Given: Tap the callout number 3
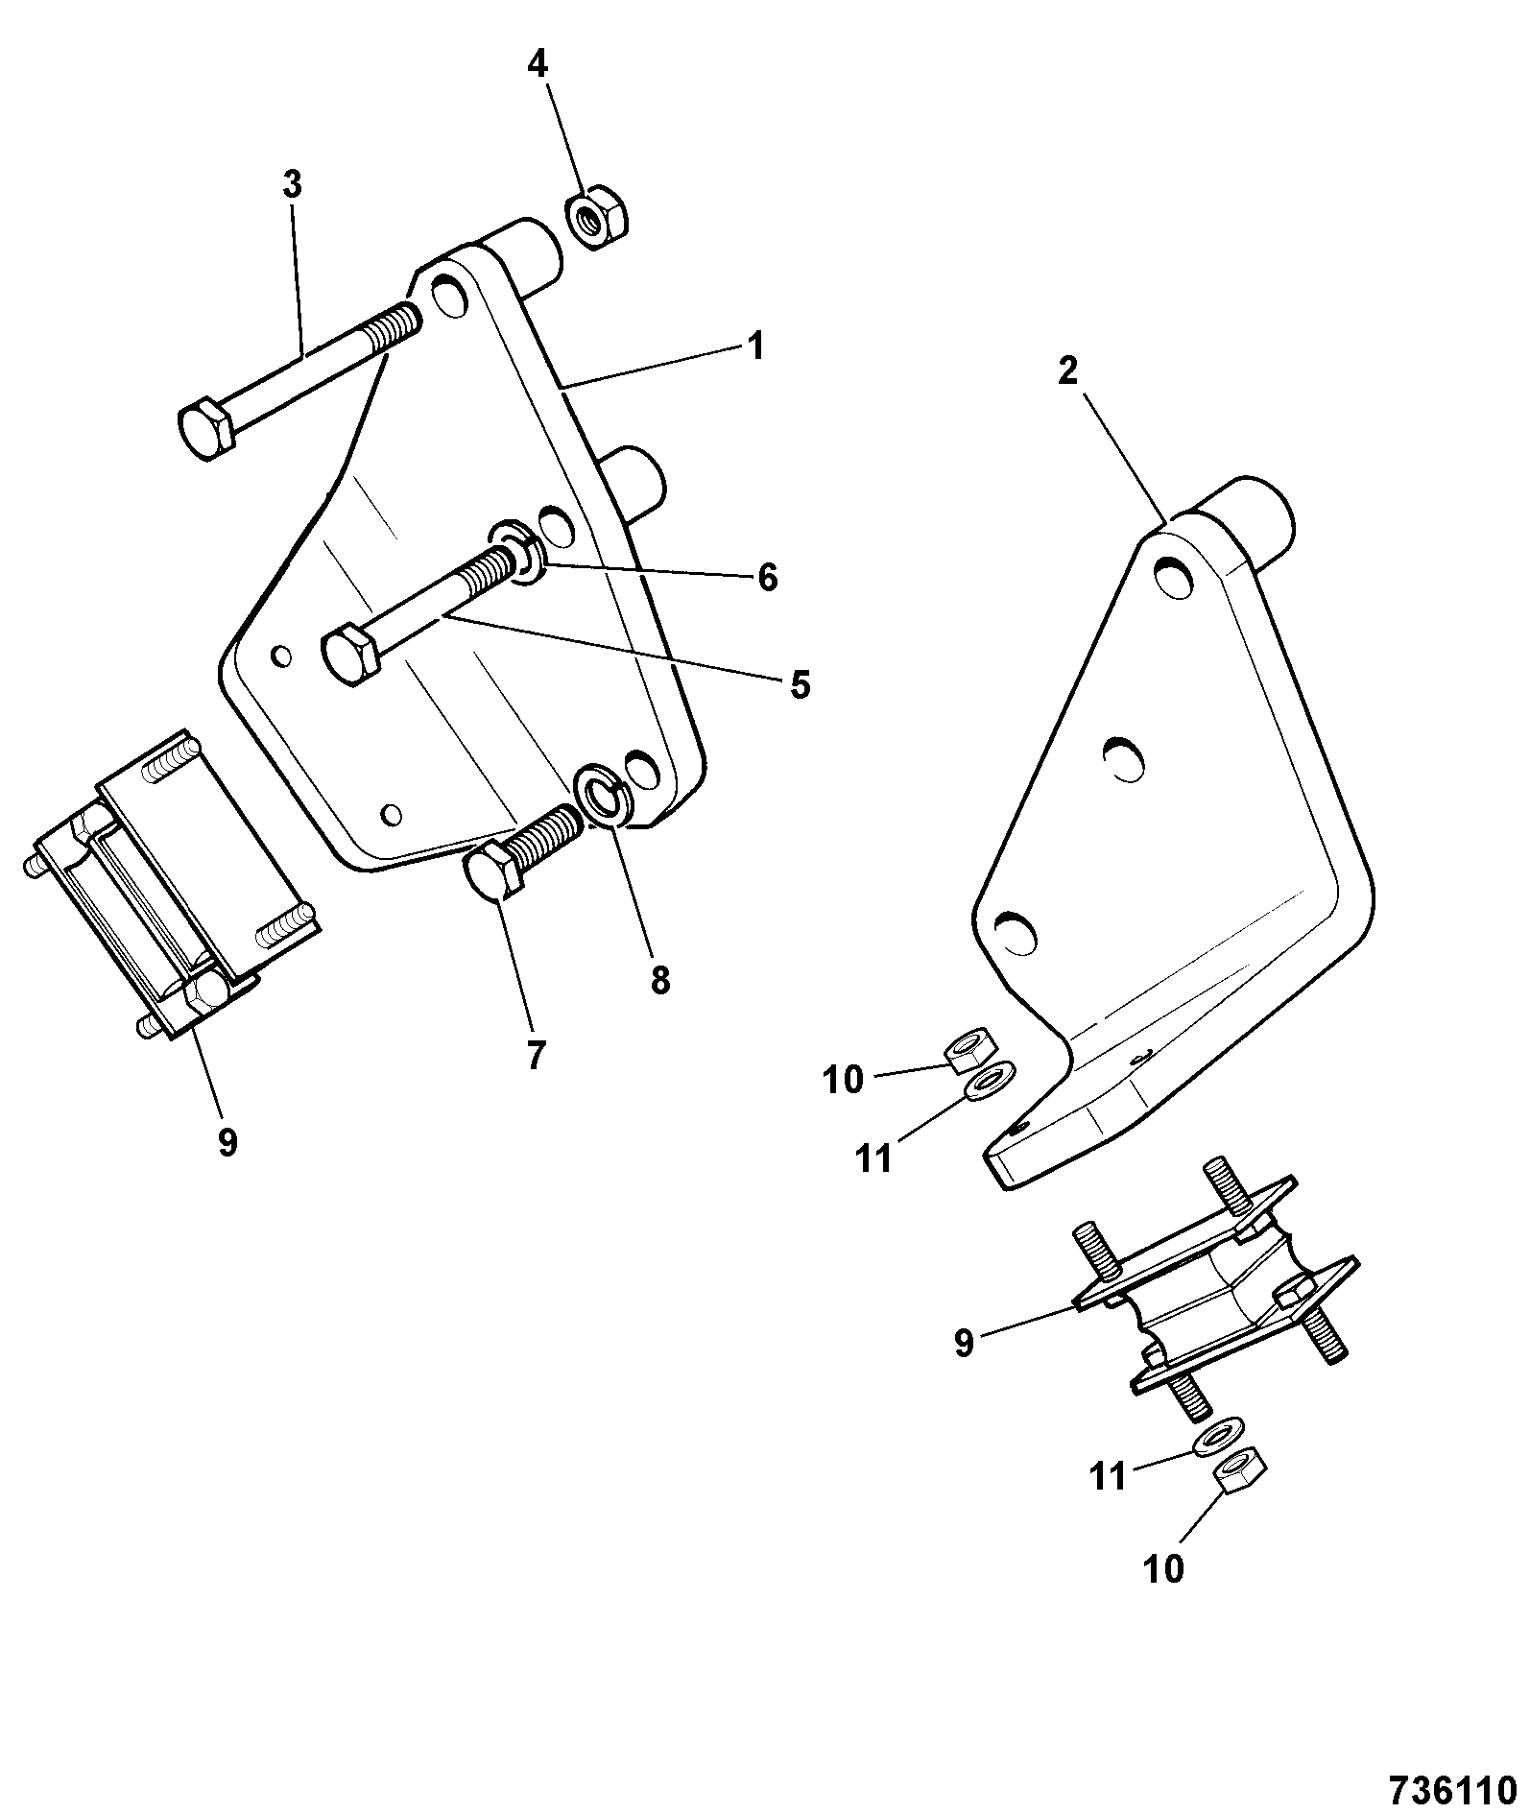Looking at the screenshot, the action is pos(292,182).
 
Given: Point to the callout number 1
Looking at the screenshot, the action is pos(756,346).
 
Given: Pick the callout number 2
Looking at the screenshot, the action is pos(1068,370).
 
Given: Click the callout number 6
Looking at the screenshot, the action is pos(767,577).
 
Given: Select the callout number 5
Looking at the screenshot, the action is pos(801,684).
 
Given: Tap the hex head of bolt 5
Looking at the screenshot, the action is pos(350,655).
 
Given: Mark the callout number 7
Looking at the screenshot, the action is pos(536,1056).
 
